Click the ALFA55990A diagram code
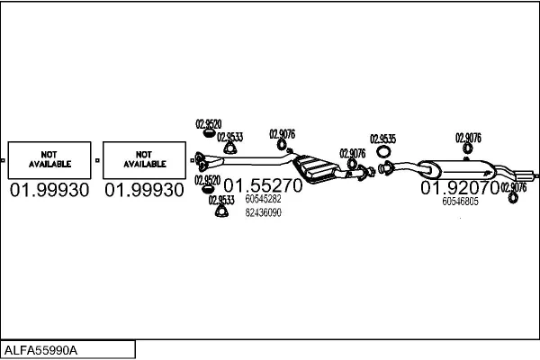pos(40,350)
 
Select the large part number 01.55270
pos(263,185)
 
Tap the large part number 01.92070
pos(460,187)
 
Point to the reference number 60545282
pos(263,199)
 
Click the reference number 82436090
pos(263,212)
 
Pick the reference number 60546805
pos(461,202)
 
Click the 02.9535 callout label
pos(383,139)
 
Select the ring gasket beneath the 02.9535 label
pos(383,151)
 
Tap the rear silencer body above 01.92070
pos(458,169)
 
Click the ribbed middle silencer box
pos(316,168)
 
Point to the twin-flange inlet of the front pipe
pos(201,162)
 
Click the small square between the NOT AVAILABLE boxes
pos(97,160)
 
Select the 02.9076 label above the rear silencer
pos(468,138)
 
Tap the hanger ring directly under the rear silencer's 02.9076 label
pos(467,148)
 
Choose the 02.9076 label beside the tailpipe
pos(514,187)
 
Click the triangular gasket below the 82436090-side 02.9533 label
pos(221,211)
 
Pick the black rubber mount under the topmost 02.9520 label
pos(208,133)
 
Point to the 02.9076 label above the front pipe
pos(282,134)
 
